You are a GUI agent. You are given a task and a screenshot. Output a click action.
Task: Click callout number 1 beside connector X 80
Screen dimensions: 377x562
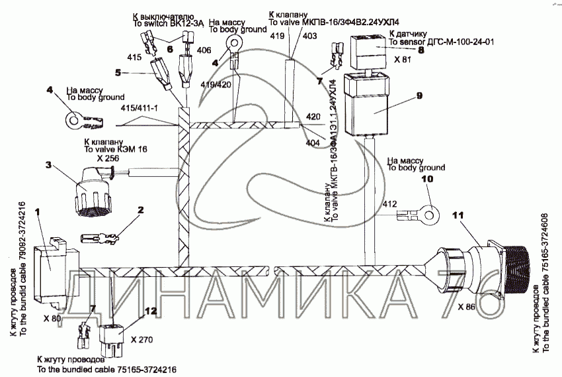[x=37, y=211]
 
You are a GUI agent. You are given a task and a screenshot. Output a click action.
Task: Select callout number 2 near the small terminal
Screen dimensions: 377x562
[x=140, y=211]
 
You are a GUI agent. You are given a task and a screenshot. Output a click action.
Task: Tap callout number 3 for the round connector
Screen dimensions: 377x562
[x=48, y=164]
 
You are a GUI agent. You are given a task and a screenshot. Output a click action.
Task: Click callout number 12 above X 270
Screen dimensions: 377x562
[x=151, y=311]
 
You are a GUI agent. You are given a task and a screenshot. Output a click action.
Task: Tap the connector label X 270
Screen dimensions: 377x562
[x=141, y=340]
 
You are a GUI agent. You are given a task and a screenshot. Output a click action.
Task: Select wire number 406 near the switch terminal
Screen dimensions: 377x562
[x=204, y=50]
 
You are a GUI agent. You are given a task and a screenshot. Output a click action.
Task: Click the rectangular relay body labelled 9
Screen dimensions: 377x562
[x=372, y=109]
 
